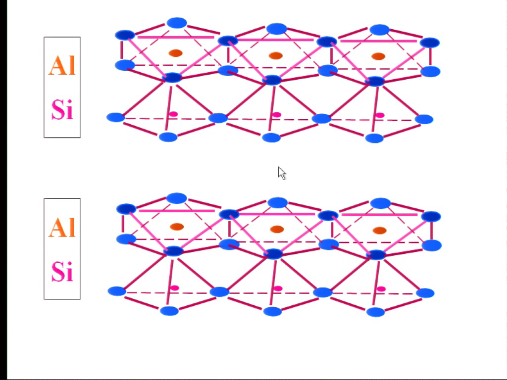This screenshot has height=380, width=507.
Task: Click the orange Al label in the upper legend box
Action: [x=62, y=65]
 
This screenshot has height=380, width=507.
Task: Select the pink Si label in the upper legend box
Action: [x=62, y=109]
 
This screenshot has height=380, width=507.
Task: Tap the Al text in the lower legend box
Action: [x=62, y=227]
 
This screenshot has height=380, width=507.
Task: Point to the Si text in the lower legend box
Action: [x=62, y=271]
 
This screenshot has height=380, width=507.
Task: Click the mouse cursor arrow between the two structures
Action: [x=282, y=173]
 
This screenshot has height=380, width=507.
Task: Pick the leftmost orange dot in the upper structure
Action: [x=176, y=53]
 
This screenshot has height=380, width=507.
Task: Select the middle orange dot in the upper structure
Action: [x=276, y=55]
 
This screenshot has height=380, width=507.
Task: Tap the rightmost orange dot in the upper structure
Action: [x=378, y=56]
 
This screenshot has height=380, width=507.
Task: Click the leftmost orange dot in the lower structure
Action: [x=177, y=227]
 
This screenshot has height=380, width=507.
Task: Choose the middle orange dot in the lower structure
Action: [x=277, y=229]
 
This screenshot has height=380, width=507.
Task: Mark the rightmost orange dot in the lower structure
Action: [x=380, y=230]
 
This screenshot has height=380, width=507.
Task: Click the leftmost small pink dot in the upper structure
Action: [x=174, y=114]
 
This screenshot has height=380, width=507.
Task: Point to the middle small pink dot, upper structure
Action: [x=277, y=114]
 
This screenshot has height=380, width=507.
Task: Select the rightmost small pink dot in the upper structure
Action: [x=380, y=115]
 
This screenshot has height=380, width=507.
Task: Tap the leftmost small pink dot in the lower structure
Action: [x=175, y=287]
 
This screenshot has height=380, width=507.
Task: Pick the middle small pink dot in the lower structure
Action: [x=278, y=288]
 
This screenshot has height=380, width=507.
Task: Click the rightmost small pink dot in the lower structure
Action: [x=381, y=289]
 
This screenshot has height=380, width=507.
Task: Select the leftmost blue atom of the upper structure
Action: [x=115, y=117]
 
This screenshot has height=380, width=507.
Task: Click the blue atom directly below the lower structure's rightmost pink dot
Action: [x=375, y=312]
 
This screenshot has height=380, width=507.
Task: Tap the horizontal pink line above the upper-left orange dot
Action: [x=176, y=37]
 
